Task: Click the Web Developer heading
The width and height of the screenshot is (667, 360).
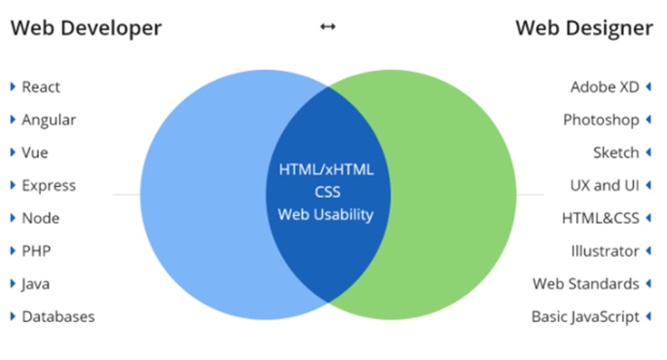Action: [86, 28]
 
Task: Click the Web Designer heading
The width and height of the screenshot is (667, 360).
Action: [584, 28]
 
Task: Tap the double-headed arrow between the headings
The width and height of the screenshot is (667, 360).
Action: [328, 26]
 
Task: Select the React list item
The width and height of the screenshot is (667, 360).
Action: [41, 87]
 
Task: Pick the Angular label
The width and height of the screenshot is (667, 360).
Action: [49, 120]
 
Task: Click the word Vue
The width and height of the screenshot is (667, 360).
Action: [35, 152]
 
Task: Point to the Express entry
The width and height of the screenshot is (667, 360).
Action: [49, 186]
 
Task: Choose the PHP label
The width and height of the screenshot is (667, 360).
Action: [36, 251]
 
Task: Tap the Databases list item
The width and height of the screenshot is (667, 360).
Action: [58, 317]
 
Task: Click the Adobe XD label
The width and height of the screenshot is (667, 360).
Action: [604, 87]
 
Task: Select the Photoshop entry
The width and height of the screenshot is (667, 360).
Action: [601, 120]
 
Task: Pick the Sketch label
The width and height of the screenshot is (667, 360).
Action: [616, 152]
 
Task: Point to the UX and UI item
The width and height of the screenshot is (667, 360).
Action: [604, 186]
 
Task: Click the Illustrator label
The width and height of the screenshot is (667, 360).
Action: [605, 251]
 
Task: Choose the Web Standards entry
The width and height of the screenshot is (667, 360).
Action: [585, 284]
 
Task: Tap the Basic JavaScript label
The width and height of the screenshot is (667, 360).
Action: [585, 317]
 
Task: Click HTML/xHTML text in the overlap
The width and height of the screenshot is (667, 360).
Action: [326, 169]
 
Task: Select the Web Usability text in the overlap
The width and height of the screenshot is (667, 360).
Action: [326, 214]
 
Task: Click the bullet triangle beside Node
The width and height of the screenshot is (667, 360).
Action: [13, 218]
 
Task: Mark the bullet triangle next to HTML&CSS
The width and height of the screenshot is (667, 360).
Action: [648, 218]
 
